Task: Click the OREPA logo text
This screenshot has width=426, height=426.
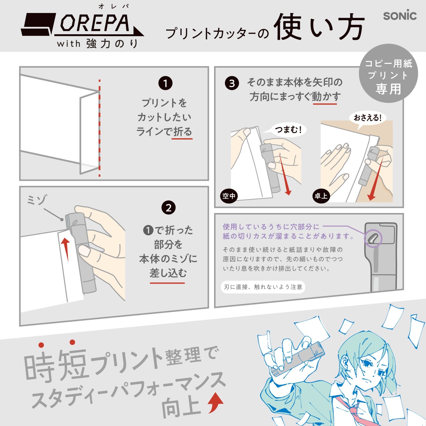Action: point(95,23)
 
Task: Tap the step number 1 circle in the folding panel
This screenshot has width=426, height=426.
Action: point(165,83)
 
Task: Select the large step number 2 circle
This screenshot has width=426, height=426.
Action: point(169,208)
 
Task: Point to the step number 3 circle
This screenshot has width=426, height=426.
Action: point(232,83)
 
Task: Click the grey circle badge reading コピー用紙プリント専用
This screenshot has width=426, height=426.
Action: point(388,73)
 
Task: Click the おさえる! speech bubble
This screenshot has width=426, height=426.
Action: point(367,118)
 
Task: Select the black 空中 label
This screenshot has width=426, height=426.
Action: point(229,196)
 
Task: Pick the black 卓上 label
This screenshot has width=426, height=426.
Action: point(321,196)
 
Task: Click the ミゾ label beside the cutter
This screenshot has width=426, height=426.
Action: point(37,200)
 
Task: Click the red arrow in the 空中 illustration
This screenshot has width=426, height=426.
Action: point(284,174)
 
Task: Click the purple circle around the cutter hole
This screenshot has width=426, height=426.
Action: point(373,239)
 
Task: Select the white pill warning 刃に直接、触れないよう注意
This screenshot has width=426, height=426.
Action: point(263,287)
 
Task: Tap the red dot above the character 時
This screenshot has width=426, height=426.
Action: point(41,345)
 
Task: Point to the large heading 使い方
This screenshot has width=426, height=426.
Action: point(319,27)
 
